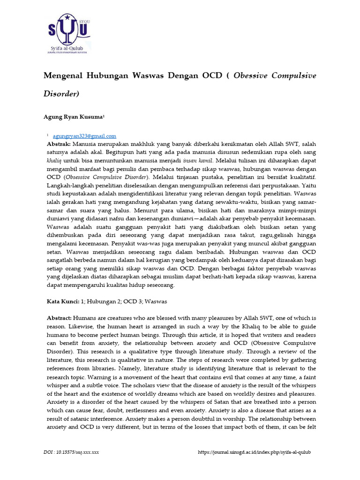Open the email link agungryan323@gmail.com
pyautogui.click(x=84, y=136)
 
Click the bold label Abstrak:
pyautogui.click(x=59, y=144)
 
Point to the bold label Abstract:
pyautogui.click(x=59, y=318)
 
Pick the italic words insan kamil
pyautogui.click(x=199, y=161)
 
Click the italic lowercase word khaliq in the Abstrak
pyautogui.click(x=54, y=161)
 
